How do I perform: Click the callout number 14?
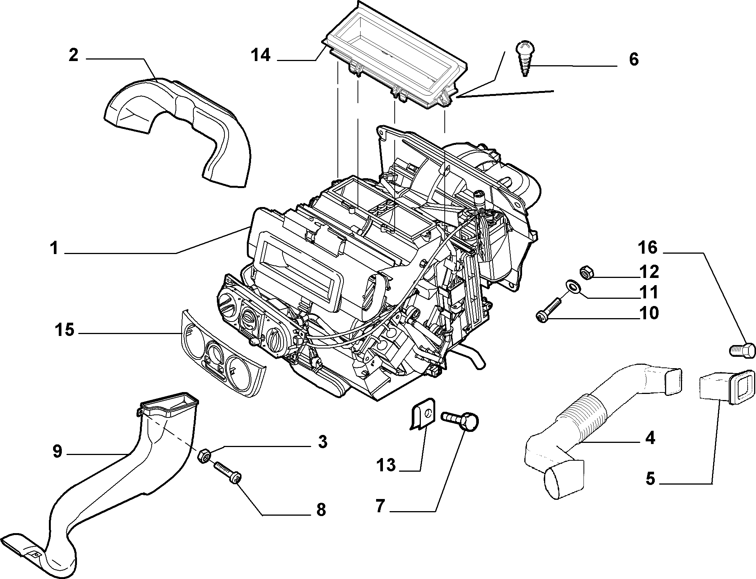(x=260, y=55)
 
